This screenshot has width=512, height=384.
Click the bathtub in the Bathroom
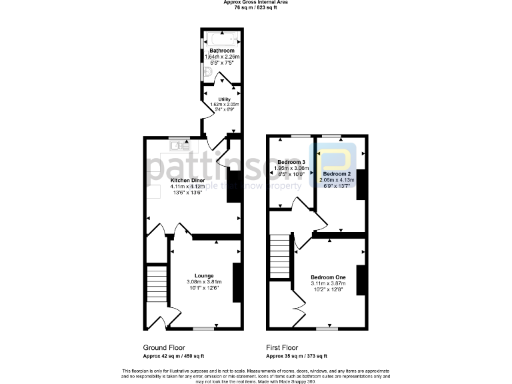[221, 38]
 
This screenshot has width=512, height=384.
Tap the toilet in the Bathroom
[207, 73]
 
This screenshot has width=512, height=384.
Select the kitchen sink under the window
[179, 144]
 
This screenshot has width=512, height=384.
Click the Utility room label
[224, 99]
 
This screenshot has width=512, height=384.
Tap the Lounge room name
[204, 275]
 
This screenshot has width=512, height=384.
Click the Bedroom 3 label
[291, 162]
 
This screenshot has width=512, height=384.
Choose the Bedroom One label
[328, 277]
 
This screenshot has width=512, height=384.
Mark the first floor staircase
[281, 257]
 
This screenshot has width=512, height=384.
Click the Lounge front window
[204, 329]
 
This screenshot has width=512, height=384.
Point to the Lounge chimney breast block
[236, 280]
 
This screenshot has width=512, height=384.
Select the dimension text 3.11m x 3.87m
[328, 284]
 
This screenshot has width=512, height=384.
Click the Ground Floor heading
[164, 348]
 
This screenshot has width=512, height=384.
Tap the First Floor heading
[282, 348]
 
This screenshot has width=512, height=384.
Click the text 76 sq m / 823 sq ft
[256, 8]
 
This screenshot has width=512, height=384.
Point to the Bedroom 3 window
[300, 135]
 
